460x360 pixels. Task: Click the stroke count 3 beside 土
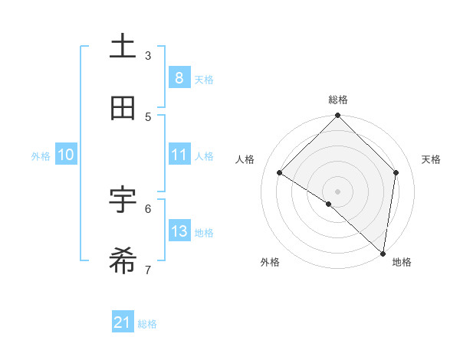(148, 55)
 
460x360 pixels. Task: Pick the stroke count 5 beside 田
(148, 116)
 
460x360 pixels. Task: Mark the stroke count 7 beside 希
(148, 270)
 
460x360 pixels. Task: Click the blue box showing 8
(179, 78)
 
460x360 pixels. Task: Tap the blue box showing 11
(179, 155)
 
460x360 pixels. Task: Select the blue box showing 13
(179, 231)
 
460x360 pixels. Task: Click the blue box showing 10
(66, 155)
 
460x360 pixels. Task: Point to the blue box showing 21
(123, 323)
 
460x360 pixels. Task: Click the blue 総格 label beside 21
(147, 324)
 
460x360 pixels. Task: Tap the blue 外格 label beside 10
(41, 155)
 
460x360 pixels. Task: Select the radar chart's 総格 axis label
(338, 100)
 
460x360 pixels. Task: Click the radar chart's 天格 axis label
(431, 159)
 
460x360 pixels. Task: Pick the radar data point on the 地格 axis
(383, 254)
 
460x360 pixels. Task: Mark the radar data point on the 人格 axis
(280, 173)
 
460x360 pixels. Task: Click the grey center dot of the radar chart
(338, 191)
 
